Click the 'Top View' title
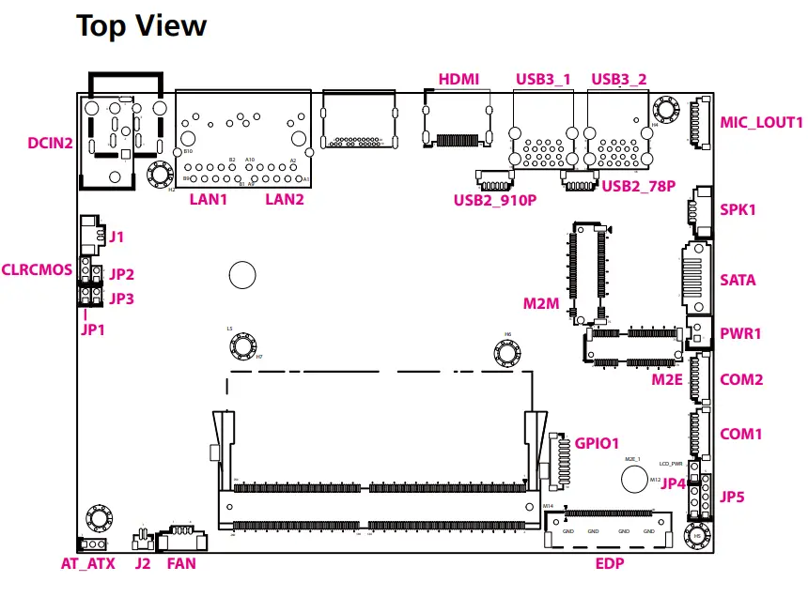pyautogui.click(x=141, y=25)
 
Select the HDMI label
pyautogui.click(x=458, y=79)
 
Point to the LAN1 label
pyautogui.click(x=209, y=199)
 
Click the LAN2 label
pyautogui.click(x=285, y=199)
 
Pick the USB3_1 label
pyautogui.click(x=543, y=79)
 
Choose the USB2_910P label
pyautogui.click(x=494, y=199)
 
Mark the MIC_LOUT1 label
pyautogui.click(x=761, y=122)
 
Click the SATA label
pyautogui.click(x=738, y=280)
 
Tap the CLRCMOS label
pyautogui.click(x=37, y=269)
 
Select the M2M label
pyautogui.click(x=541, y=303)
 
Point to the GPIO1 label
pyautogui.click(x=597, y=443)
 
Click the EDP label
pyautogui.click(x=610, y=563)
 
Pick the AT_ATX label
pyautogui.click(x=87, y=563)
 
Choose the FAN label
pyautogui.click(x=181, y=563)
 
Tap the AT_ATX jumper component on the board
pyautogui.click(x=94, y=544)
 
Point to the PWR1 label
pyautogui.click(x=740, y=333)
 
